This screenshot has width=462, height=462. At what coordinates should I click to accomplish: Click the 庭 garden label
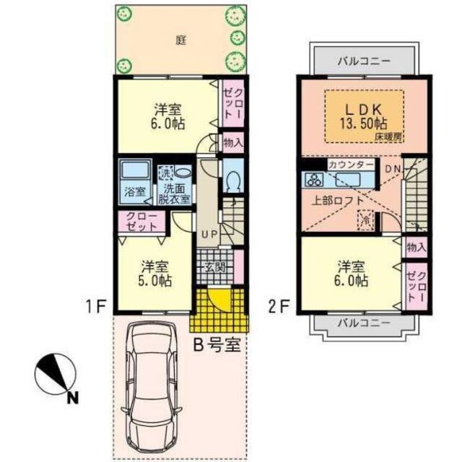[180, 40]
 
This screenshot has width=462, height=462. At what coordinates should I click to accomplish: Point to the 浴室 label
[134, 191]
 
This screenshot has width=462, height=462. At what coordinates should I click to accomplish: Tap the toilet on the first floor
[232, 179]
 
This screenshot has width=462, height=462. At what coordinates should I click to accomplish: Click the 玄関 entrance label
[215, 268]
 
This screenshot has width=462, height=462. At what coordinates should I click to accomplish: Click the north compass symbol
[57, 373]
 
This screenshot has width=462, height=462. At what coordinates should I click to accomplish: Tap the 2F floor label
[279, 306]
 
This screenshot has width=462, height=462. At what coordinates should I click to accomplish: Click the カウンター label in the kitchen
[351, 165]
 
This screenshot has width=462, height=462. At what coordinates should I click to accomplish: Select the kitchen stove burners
[315, 178]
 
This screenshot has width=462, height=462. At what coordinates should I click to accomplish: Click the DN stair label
[391, 170]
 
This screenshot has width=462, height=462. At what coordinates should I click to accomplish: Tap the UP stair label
[209, 233]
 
